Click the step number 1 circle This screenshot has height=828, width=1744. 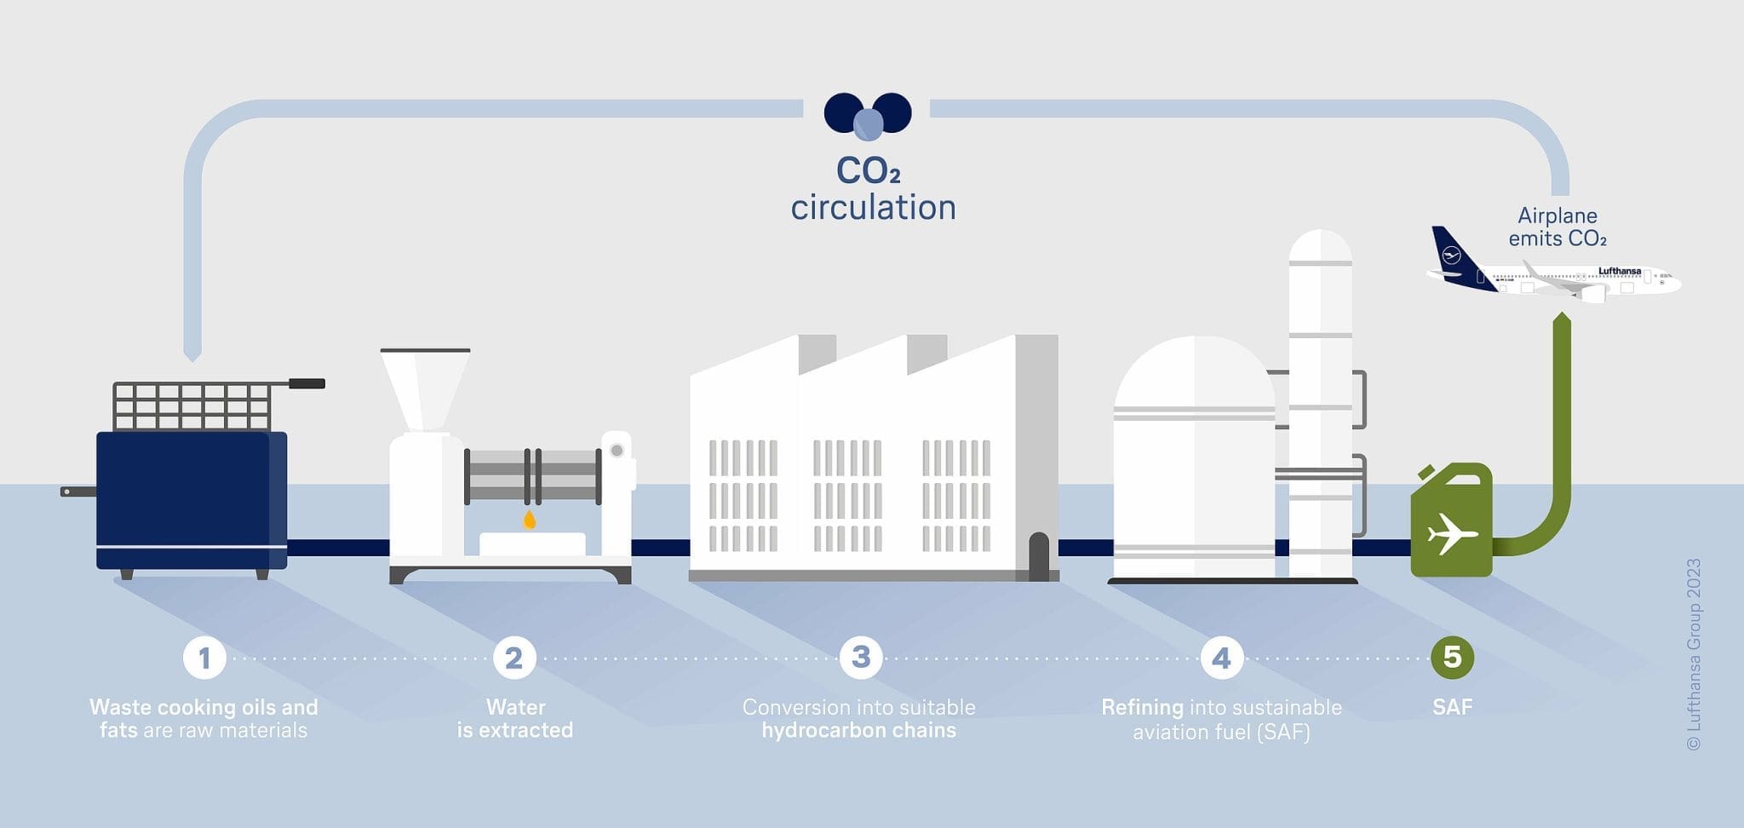[204, 658]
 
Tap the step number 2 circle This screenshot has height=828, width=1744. [514, 658]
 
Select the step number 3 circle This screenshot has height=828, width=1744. [861, 657]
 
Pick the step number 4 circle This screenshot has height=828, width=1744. [1221, 658]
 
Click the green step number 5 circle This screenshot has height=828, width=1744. [1452, 657]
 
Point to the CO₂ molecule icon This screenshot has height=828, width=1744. [868, 114]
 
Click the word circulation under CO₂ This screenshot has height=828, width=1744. [873, 208]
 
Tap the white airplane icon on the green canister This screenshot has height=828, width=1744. [1452, 534]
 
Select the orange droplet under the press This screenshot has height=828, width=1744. [529, 520]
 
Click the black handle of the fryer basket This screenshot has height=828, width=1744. [307, 383]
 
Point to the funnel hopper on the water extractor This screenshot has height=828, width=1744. [424, 388]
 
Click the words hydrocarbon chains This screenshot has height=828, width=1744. [858, 730]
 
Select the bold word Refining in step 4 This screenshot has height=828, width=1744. [1142, 707]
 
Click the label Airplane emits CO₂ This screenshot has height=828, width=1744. [1558, 227]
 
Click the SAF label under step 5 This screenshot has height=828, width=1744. [1452, 707]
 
